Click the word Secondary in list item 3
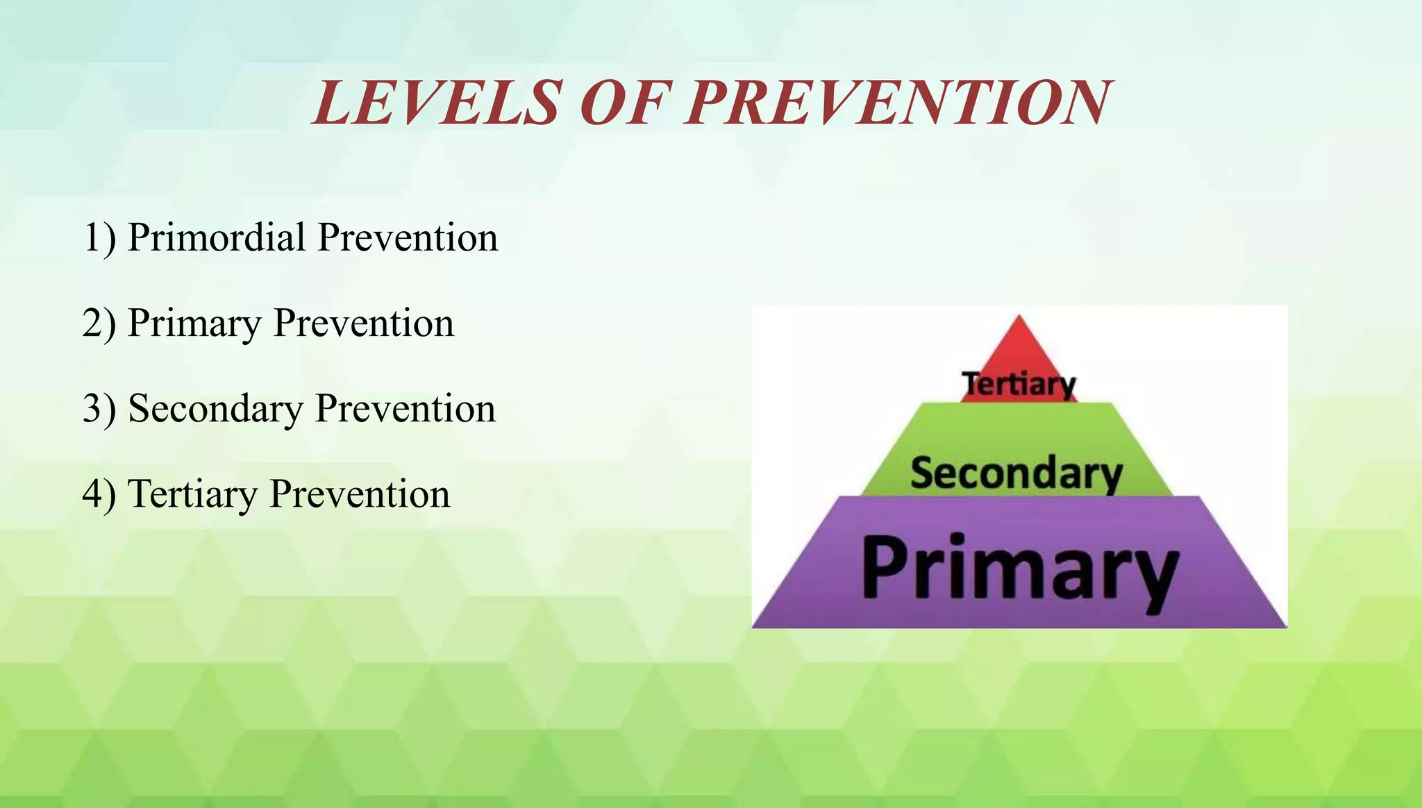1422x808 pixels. pos(215,409)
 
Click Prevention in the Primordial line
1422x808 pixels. pos(408,237)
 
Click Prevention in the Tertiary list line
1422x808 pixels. pos(360,494)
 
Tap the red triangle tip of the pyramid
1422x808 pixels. pos(1019,347)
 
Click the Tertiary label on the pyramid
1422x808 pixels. pos(1019,384)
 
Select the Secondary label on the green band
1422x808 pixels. pos(1016,473)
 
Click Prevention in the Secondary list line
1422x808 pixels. pos(405,409)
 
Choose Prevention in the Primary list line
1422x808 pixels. pos(364,323)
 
